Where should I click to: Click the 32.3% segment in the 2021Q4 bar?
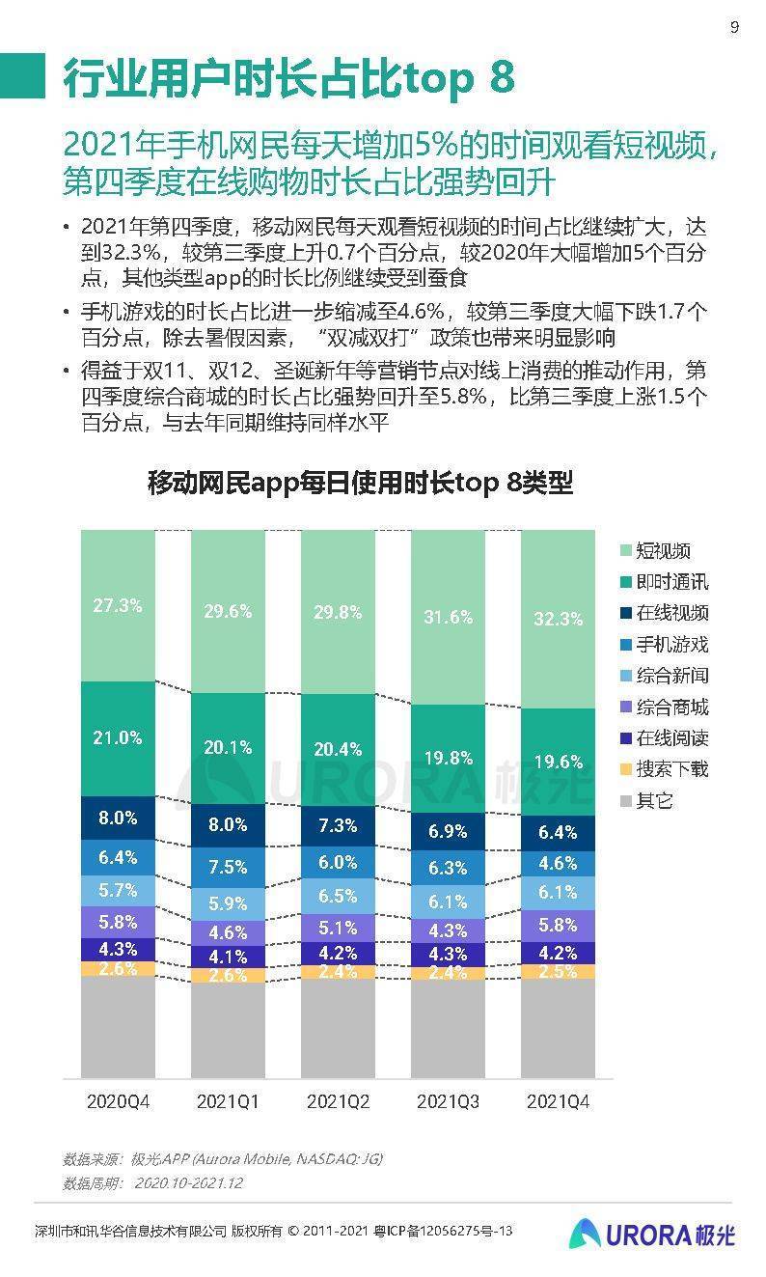tap(558, 620)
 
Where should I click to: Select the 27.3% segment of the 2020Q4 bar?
tap(118, 606)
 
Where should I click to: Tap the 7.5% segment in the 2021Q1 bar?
tap(228, 866)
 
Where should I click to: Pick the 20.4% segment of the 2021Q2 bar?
tap(338, 748)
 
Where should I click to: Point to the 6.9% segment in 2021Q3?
tap(448, 831)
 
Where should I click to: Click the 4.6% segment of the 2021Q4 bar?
tap(558, 863)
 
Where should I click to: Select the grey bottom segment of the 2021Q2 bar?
tap(338, 1028)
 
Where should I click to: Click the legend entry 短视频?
tap(663, 551)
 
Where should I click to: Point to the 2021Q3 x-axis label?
tap(448, 1101)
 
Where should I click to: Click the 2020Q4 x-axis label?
tap(118, 1101)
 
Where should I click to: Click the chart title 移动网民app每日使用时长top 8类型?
tap(360, 483)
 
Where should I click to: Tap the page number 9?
tap(734, 27)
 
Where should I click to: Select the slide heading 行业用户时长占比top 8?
tap(289, 77)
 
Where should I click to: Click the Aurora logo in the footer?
tap(651, 1234)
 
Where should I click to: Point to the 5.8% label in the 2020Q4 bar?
tap(118, 921)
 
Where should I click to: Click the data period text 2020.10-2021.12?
tap(188, 1182)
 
